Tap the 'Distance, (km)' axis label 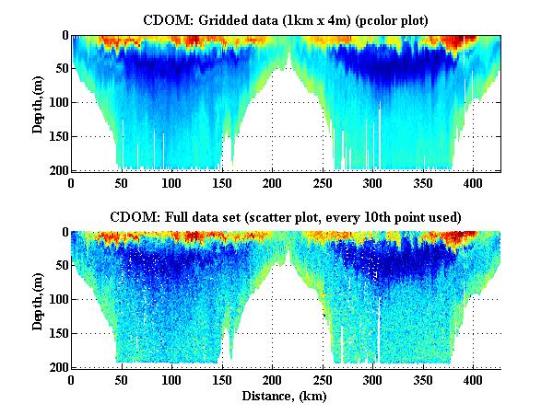[287, 397]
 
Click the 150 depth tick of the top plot [56, 136]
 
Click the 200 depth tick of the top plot [56, 170]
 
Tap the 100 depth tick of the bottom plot [56, 300]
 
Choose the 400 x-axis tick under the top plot [474, 182]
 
